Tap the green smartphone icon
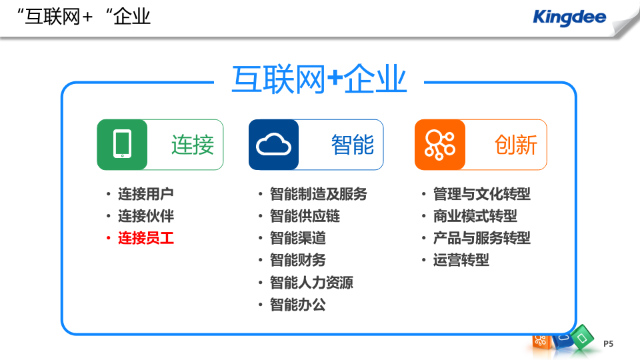click(122, 145)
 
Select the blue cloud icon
click(274, 145)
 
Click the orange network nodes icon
click(439, 145)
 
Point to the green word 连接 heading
click(193, 145)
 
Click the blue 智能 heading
click(353, 145)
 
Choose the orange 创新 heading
click(516, 145)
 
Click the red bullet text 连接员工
click(146, 238)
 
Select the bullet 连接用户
click(146, 194)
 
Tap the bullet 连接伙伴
click(146, 216)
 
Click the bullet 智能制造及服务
click(318, 194)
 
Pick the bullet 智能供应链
click(305, 216)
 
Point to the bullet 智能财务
click(297, 260)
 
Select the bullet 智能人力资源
click(311, 283)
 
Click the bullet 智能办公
click(297, 305)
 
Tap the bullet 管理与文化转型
click(481, 194)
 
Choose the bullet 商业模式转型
click(475, 216)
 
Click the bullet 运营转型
click(461, 260)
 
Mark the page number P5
click(608, 343)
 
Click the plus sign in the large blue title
click(335, 80)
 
